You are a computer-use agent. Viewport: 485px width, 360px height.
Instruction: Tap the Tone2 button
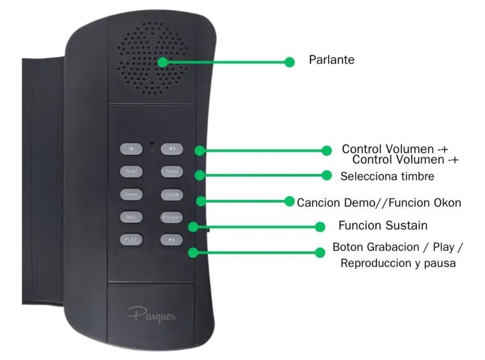pyautogui.click(x=172, y=171)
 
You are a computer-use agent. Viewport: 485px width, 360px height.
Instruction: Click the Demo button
pyautogui.click(x=131, y=194)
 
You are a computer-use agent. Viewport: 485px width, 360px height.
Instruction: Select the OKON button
pyautogui.click(x=172, y=195)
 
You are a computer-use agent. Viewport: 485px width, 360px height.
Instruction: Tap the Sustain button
pyautogui.click(x=172, y=217)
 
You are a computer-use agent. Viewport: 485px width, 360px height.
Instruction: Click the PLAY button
pyautogui.click(x=131, y=239)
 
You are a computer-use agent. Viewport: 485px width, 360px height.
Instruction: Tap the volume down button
pyautogui.click(x=131, y=149)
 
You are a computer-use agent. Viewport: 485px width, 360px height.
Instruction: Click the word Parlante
pyautogui.click(x=332, y=60)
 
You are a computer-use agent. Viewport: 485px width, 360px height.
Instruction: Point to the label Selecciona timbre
pyautogui.click(x=387, y=177)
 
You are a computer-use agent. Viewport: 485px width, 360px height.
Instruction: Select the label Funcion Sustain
pyautogui.click(x=383, y=226)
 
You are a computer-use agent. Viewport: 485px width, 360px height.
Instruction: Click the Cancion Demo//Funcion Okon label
pyautogui.click(x=379, y=202)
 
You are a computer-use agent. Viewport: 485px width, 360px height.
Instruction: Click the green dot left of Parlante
pyautogui.click(x=290, y=62)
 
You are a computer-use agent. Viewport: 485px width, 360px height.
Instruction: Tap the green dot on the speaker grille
pyautogui.click(x=163, y=62)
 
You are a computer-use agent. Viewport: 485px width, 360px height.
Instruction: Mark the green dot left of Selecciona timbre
pyautogui.click(x=327, y=175)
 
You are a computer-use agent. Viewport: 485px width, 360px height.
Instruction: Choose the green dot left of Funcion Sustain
pyautogui.click(x=320, y=227)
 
